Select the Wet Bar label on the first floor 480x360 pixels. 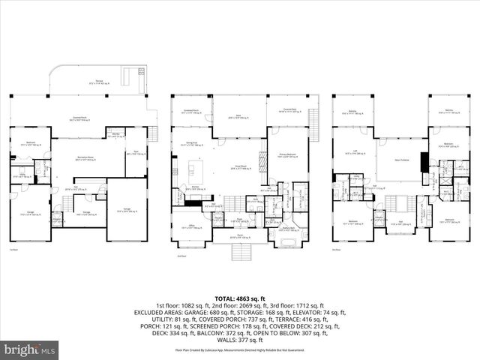[114, 136]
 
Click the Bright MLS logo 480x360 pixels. [30, 349]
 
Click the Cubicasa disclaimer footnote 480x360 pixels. [240, 349]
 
